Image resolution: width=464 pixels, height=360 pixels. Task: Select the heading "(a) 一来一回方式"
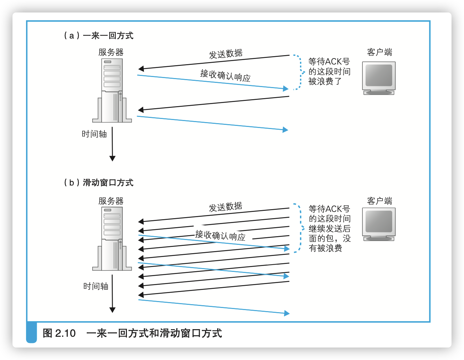[x=98, y=36]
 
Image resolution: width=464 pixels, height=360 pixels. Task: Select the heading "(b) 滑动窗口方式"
[x=98, y=183]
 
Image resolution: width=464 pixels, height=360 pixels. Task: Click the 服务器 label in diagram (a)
[x=111, y=52]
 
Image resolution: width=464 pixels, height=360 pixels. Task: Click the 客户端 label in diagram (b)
[x=379, y=201]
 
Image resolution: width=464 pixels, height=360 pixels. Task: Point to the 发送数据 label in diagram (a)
[x=226, y=54]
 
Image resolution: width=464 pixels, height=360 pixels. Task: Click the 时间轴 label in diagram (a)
[x=94, y=134]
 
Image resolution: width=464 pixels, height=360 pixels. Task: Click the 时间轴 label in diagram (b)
[x=96, y=286]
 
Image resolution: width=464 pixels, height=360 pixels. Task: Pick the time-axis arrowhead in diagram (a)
[x=112, y=158]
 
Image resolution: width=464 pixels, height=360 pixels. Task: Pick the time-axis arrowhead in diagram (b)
[x=112, y=310]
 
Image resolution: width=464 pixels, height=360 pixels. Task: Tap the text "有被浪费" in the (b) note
[x=326, y=248]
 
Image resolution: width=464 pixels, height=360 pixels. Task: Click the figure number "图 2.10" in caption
[x=59, y=333]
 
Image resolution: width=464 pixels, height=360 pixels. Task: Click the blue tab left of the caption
[x=32, y=333]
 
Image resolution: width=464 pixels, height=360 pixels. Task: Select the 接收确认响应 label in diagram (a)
[x=225, y=76]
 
